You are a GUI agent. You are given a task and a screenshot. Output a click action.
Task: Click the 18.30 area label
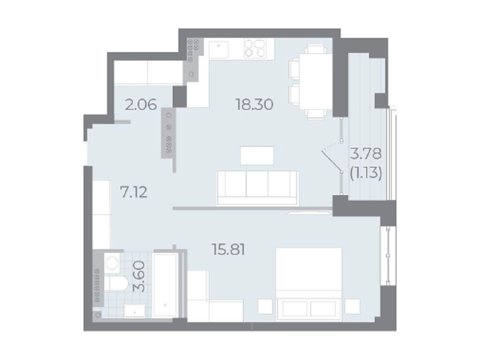tap(254, 105)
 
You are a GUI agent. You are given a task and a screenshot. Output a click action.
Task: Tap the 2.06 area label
tap(141, 105)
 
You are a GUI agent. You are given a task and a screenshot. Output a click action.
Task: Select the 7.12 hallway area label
tap(134, 192)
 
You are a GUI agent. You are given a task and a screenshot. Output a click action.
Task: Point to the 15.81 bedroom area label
tap(229, 249)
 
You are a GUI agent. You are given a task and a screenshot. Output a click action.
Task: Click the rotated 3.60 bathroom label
tap(139, 276)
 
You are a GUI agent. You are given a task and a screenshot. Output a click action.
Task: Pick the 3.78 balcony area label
tap(366, 154)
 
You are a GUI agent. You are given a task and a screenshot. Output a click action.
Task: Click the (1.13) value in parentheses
tap(366, 174)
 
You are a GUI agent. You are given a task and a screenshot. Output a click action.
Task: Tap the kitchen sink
tap(219, 50)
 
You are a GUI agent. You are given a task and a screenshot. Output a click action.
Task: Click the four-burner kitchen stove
tap(254, 49)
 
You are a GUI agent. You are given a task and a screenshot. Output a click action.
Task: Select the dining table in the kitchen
tap(315, 81)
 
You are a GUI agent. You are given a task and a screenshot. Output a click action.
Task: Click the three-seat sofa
tap(257, 187)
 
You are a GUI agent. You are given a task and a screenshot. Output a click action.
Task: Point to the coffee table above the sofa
tap(257, 155)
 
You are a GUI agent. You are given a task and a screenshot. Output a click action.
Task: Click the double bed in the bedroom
tap(309, 284)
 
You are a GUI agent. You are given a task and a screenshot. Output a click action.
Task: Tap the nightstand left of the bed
tap(265, 306)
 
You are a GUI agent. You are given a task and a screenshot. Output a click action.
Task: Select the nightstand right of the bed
tap(352, 306)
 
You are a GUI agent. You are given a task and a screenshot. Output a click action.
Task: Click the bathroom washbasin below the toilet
tap(135, 310)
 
